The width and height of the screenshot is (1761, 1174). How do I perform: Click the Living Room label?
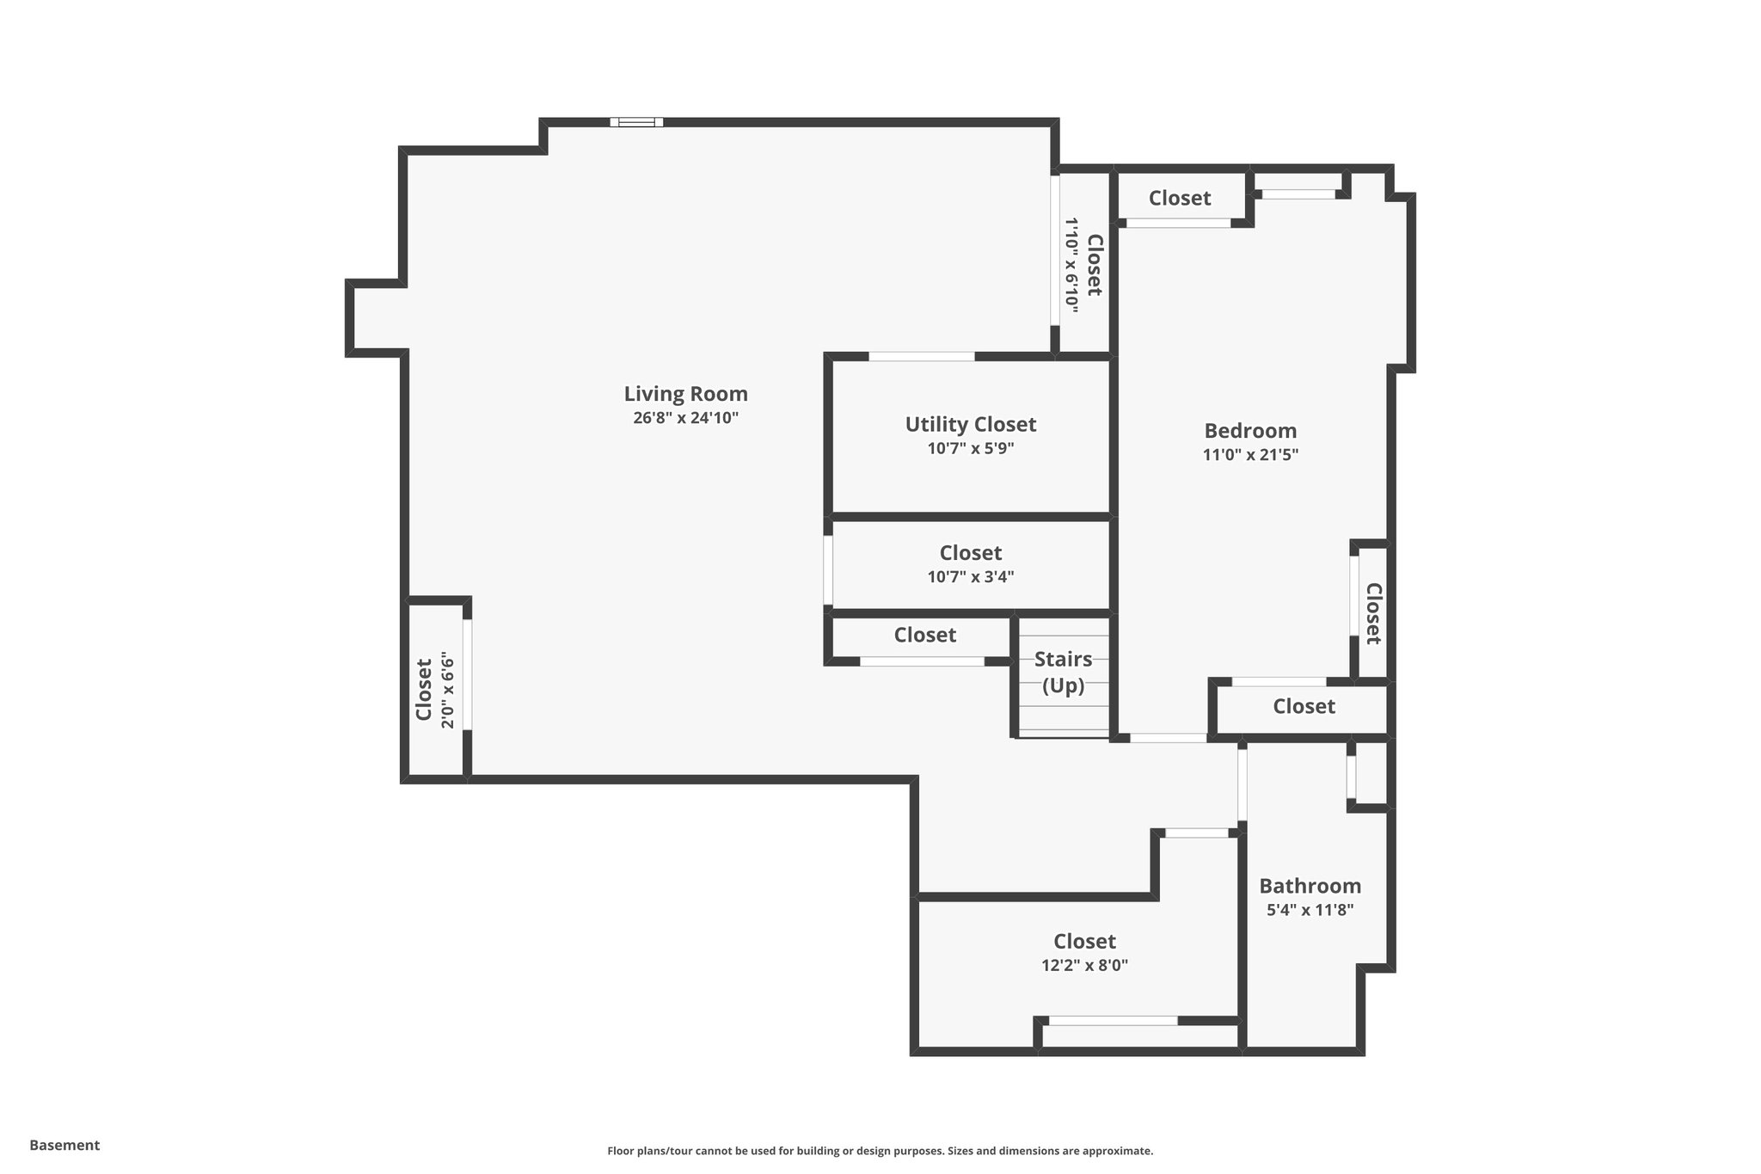point(685,394)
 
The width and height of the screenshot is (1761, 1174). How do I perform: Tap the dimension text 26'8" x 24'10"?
point(685,418)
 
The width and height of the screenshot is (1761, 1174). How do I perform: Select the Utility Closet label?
point(970,424)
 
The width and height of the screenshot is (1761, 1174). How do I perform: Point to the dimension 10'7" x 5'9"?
point(970,448)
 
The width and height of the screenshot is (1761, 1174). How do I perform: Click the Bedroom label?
point(1249,431)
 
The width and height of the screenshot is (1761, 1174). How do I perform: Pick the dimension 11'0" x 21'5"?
point(1249,455)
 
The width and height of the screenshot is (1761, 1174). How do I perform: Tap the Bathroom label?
point(1310,886)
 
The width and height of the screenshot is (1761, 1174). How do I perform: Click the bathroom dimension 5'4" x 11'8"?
point(1310,910)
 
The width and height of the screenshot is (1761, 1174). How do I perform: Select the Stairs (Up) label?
point(1063,673)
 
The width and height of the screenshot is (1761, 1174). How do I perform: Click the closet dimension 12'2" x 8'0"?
point(1084,965)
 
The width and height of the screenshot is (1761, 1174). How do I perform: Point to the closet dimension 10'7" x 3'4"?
point(970,576)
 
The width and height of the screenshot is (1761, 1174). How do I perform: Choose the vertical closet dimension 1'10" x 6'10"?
point(1071,262)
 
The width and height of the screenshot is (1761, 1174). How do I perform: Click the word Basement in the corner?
point(64,1145)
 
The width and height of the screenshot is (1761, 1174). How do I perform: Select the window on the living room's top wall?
point(636,122)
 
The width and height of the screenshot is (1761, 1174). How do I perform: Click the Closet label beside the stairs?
point(924,635)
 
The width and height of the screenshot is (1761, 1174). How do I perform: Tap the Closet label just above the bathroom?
point(1304,706)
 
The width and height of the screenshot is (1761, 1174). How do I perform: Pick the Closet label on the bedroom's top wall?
point(1179,198)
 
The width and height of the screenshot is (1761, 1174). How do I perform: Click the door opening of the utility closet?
point(921,356)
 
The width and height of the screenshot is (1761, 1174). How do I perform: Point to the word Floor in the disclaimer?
point(622,1151)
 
